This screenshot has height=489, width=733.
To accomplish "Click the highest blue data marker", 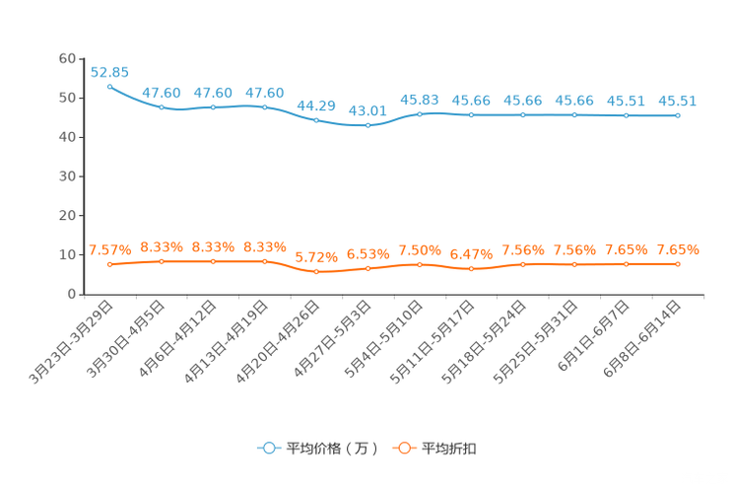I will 109,86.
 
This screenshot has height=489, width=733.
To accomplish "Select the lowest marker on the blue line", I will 367,126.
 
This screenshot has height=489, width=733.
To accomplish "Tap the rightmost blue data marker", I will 677,115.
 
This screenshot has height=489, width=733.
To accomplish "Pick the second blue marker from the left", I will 162,106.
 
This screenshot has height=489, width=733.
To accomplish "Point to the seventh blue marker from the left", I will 420,113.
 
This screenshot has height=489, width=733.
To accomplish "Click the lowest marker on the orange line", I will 316,272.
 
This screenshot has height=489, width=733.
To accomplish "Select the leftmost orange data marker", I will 109,264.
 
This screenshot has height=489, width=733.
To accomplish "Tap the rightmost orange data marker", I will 677,264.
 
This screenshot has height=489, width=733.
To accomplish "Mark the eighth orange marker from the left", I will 471,269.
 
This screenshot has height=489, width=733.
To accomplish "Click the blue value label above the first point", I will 109,71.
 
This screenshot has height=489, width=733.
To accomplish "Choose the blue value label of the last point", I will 677,100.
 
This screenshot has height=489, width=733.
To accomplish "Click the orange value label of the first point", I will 109,250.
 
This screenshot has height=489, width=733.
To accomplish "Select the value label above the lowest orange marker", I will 316,258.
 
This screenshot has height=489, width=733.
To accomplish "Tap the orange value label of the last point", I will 677,249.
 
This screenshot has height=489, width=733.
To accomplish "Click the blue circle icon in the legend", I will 268,448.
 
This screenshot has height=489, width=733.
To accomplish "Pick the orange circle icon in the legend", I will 403,448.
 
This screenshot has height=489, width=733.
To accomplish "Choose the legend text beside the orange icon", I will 449,449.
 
